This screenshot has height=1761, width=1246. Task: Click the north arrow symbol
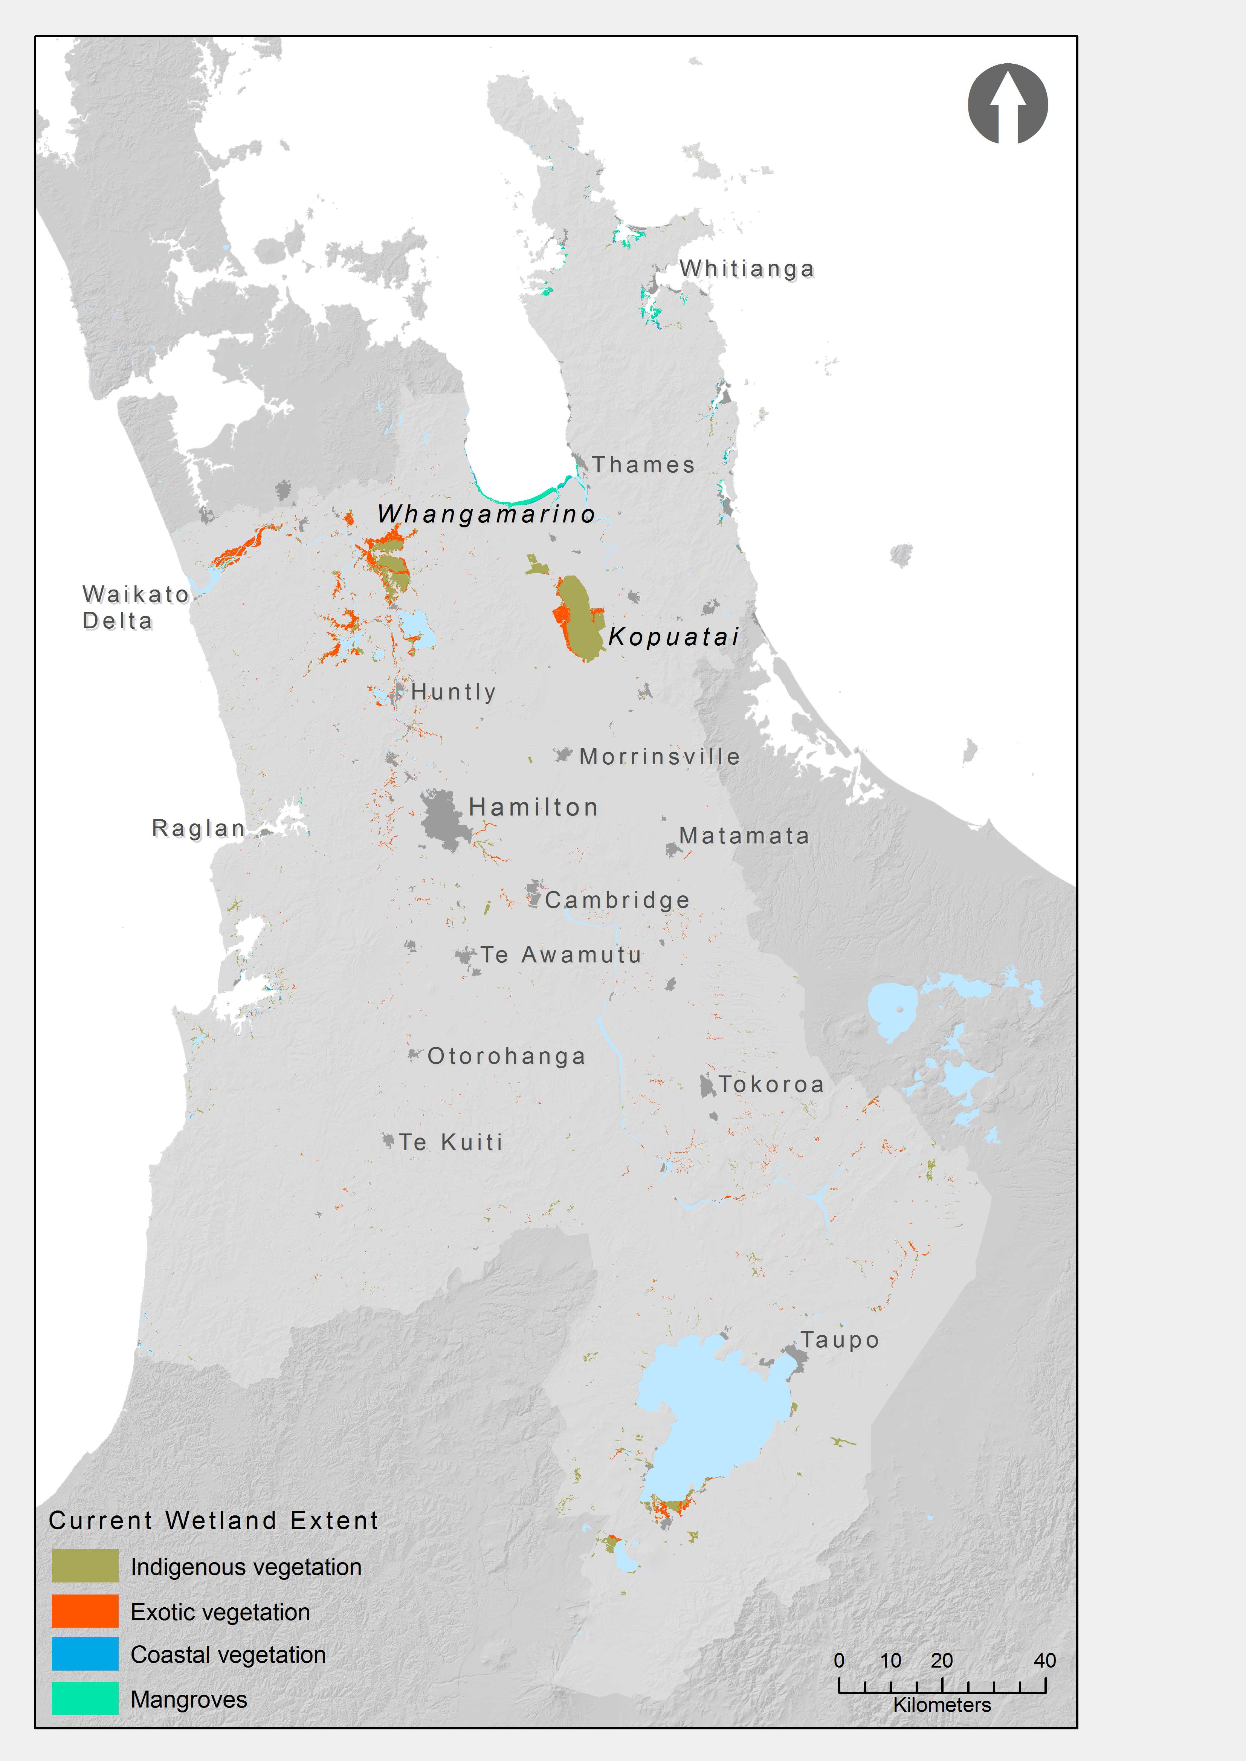pos(1008,104)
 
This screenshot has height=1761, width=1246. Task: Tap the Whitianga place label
pos(746,269)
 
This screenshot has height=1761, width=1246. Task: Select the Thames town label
pos(643,464)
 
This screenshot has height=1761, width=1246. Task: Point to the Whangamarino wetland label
pos(486,513)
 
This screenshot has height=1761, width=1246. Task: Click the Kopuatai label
pos(673,636)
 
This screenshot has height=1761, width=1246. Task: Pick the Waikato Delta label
pos(135,607)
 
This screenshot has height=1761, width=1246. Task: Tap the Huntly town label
pos(454,691)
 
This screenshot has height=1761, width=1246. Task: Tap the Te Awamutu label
pos(561,955)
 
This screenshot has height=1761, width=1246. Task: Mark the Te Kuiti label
pos(450,1142)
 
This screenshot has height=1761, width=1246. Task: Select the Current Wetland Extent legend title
pos(213,1520)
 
